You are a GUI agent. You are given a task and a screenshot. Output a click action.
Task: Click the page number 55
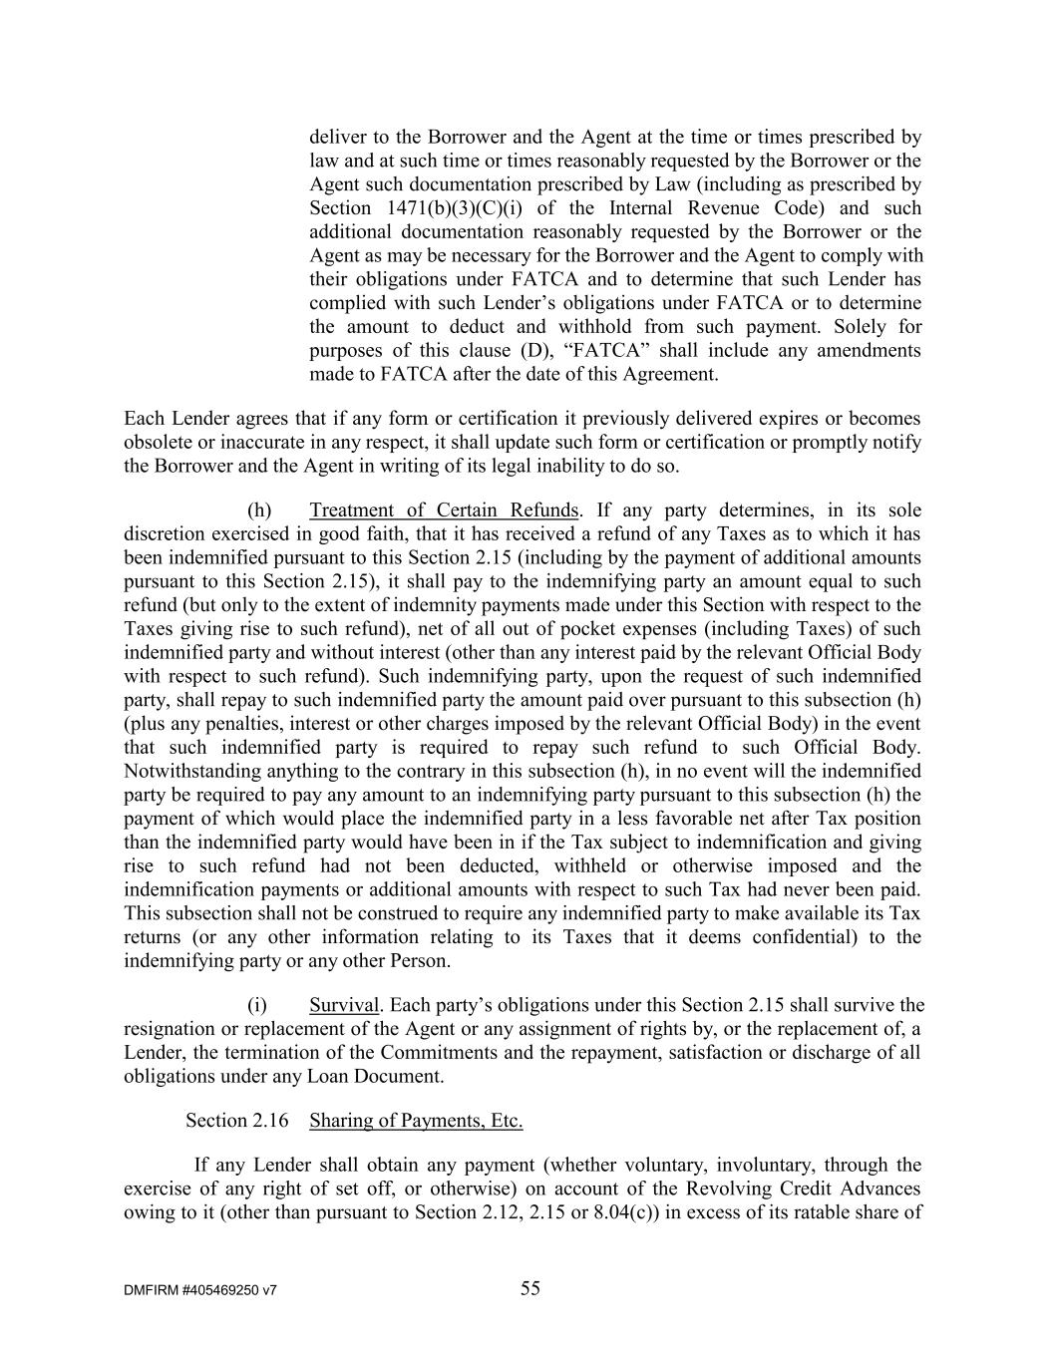[x=530, y=1288]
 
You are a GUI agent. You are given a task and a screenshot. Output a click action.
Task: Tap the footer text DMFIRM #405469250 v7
[x=200, y=1290]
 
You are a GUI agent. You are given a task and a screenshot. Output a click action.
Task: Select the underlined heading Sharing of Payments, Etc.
[x=416, y=1121]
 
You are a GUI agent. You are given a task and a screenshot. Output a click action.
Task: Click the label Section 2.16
[x=237, y=1121]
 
